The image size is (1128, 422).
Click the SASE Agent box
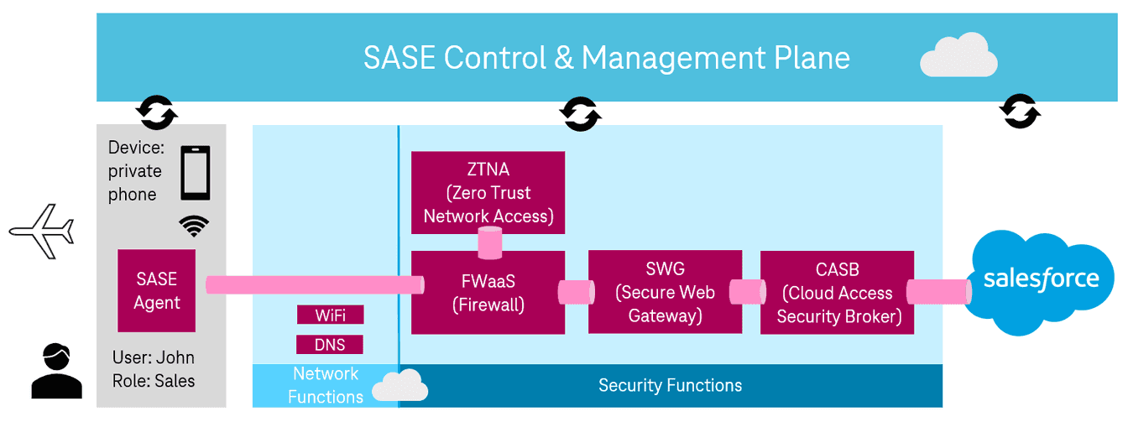pyautogui.click(x=157, y=290)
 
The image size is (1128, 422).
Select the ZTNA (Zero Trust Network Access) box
pyautogui.click(x=488, y=192)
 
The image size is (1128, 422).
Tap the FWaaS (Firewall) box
pyautogui.click(x=488, y=292)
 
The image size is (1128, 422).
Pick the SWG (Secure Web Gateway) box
pyautogui.click(x=665, y=292)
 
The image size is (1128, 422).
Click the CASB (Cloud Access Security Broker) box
pyautogui.click(x=837, y=293)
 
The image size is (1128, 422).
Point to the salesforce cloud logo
pyautogui.click(x=1042, y=279)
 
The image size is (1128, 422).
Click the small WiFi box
pyautogui.click(x=331, y=315)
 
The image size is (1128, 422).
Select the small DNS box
pyautogui.click(x=331, y=344)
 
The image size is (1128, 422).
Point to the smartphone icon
pyautogui.click(x=196, y=173)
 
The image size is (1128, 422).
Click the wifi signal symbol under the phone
pyautogui.click(x=195, y=225)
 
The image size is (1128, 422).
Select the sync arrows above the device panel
pyautogui.click(x=157, y=112)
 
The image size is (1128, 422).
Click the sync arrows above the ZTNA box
pyautogui.click(x=580, y=113)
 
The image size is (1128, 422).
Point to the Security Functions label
pyautogui.click(x=670, y=385)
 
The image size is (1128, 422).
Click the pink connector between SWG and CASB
pyautogui.click(x=746, y=292)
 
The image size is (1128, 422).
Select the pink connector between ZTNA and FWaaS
pyautogui.click(x=488, y=242)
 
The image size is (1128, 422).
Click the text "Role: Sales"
pyautogui.click(x=153, y=381)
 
